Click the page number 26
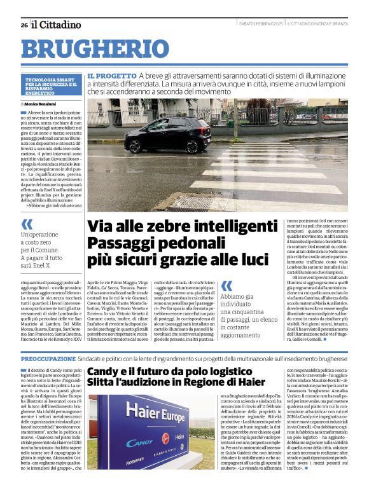pyautogui.click(x=24, y=25)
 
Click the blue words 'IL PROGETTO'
pyautogui.click(x=111, y=75)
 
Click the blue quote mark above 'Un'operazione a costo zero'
pyautogui.click(x=27, y=223)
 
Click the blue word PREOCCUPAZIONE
pyautogui.click(x=48, y=359)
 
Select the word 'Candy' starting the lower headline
pyautogui.click(x=104, y=373)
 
